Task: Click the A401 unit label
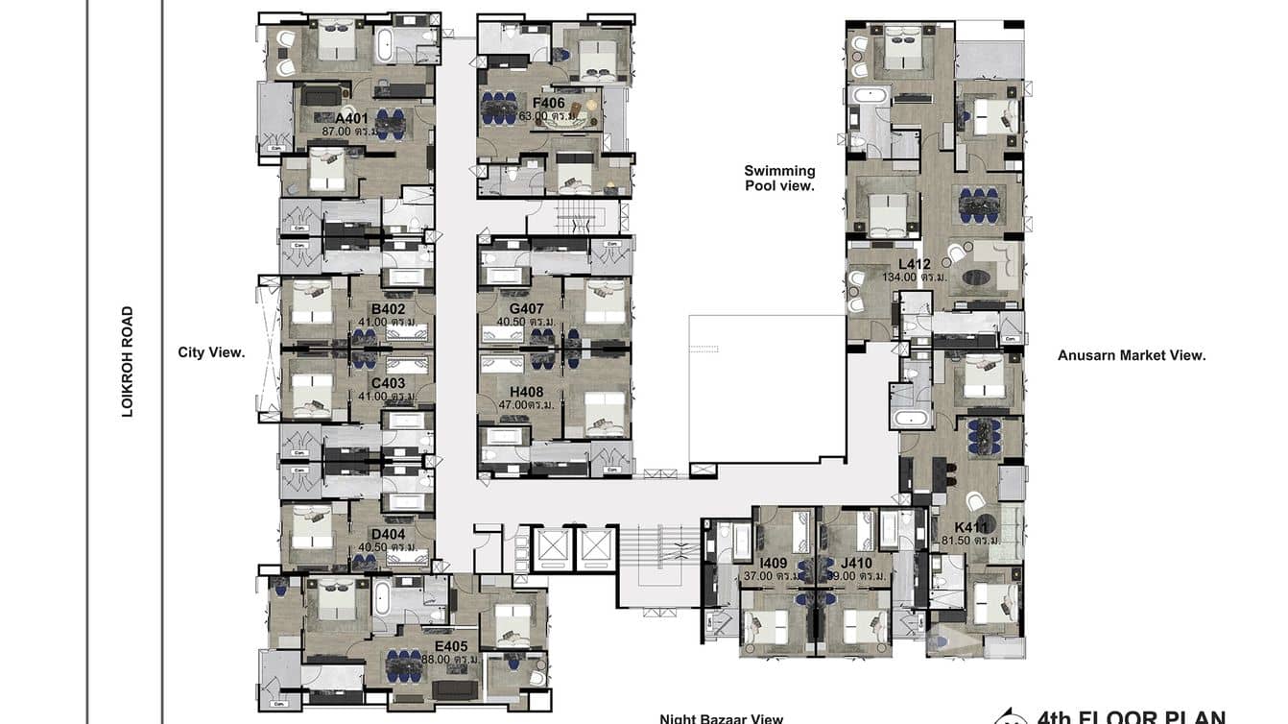[352, 119]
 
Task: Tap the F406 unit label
[548, 102]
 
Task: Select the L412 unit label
[915, 263]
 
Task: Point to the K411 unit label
[971, 527]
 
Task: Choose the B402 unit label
[388, 309]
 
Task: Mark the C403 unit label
[388, 383]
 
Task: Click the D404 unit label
[388, 535]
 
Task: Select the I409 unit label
[774, 563]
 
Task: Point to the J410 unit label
[856, 563]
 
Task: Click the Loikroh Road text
[127, 361]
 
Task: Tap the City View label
[211, 352]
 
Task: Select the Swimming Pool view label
[779, 179]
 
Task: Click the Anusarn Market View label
[1132, 355]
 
